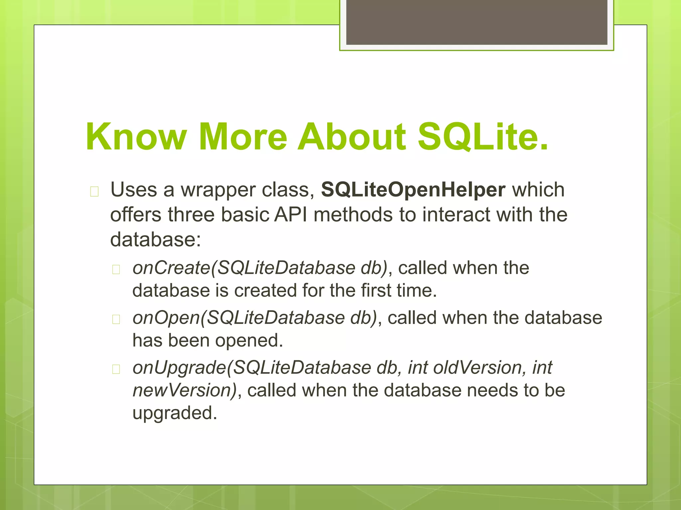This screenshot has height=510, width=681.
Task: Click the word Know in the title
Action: [x=136, y=137]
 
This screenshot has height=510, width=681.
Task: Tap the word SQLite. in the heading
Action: [x=482, y=137]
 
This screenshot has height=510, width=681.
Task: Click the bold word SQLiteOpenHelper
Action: [x=413, y=190]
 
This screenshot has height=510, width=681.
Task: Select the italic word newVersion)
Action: [x=185, y=390]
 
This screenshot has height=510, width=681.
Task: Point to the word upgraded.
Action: [x=175, y=413]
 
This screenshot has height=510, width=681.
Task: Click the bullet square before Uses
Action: [x=94, y=192]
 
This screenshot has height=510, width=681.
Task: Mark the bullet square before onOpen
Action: [x=116, y=319]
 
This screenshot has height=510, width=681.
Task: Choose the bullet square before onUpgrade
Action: [x=116, y=369]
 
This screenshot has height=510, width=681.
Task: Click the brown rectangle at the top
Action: [x=477, y=22]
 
